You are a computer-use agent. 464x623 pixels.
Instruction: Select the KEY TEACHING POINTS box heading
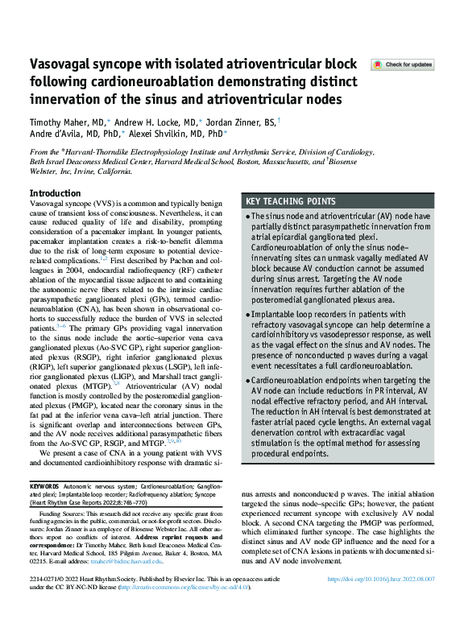(x=292, y=200)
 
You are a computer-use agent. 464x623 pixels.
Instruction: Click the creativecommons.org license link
(x=182, y=610)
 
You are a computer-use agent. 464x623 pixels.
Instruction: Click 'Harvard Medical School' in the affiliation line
(x=204, y=160)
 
